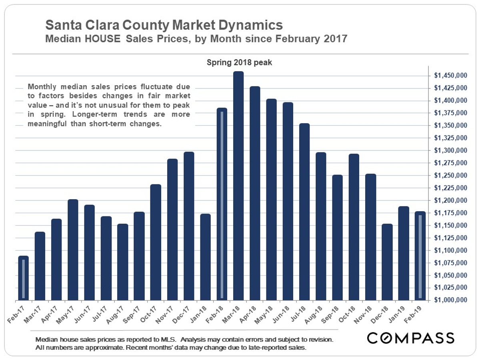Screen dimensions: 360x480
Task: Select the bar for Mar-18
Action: tap(238, 186)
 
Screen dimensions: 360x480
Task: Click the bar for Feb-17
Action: tap(24, 278)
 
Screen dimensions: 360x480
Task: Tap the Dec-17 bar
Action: tap(189, 226)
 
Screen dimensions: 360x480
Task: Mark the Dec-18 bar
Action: tap(387, 262)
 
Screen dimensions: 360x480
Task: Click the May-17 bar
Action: tap(73, 250)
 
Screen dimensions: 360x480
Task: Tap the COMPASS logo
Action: tap(411, 338)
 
